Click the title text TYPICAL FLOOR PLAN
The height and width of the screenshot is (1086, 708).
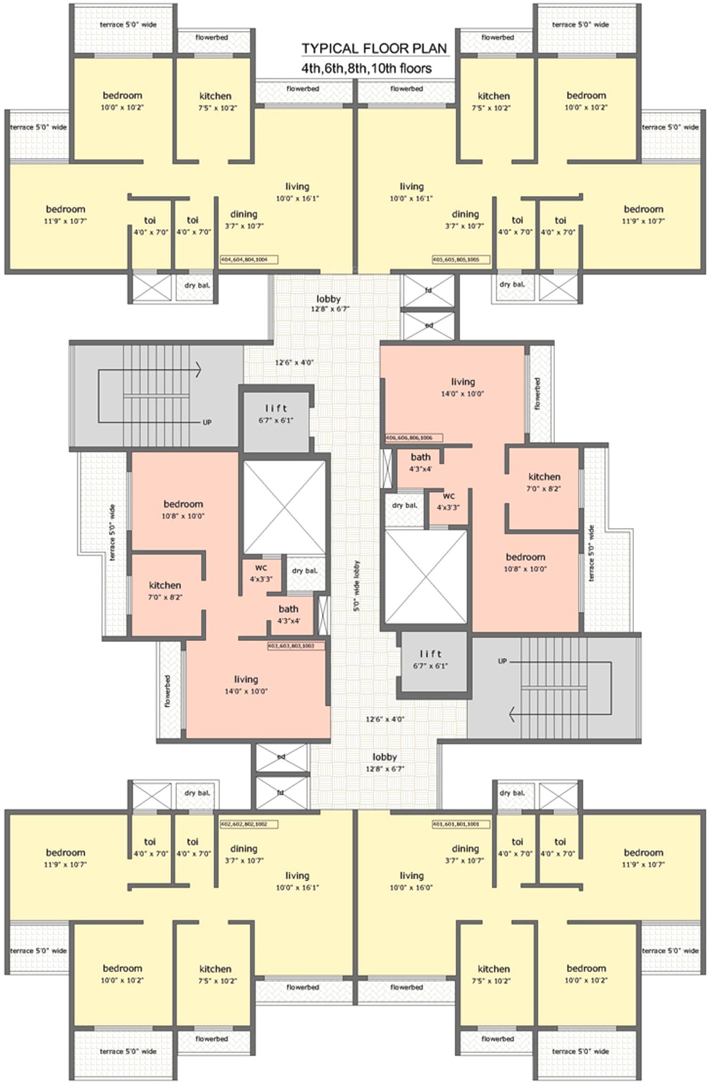click(x=374, y=49)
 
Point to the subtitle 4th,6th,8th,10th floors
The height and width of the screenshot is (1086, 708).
click(x=366, y=69)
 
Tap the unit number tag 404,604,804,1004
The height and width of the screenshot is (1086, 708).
click(x=249, y=259)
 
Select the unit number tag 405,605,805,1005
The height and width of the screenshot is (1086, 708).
click(x=461, y=259)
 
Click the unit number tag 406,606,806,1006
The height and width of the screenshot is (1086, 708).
click(x=413, y=438)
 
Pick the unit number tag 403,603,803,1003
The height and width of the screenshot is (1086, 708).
click(x=296, y=645)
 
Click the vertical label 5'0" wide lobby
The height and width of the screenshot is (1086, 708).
click(x=357, y=586)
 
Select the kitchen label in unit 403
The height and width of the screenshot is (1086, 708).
click(x=165, y=585)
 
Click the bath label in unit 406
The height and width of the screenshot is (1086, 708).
click(x=420, y=457)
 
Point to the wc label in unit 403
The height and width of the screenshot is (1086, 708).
click(x=261, y=568)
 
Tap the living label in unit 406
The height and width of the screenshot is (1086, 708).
click(x=463, y=382)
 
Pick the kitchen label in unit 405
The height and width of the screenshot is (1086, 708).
click(x=494, y=96)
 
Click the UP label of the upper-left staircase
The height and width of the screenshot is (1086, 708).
click(x=207, y=423)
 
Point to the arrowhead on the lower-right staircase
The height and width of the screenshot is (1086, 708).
click(x=512, y=716)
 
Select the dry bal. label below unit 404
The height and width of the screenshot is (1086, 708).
click(x=197, y=285)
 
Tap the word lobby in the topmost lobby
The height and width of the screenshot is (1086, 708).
click(x=329, y=299)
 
